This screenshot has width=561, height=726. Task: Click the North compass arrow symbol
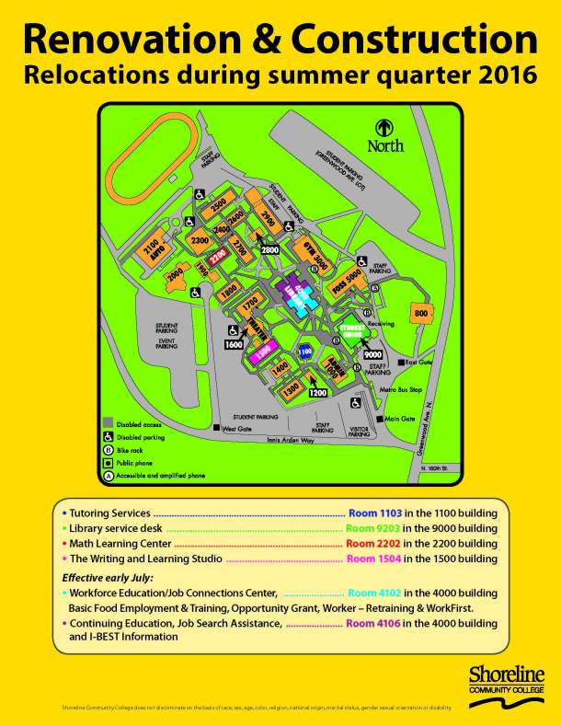point(384,128)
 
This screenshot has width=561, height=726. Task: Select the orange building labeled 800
point(420,314)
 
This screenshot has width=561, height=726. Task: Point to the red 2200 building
point(219,259)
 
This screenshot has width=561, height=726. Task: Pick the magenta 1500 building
point(262,351)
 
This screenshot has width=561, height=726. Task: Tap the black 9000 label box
point(372,354)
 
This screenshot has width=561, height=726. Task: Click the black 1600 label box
point(233,344)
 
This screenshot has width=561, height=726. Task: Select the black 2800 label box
point(269,249)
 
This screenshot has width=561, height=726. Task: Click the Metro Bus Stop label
point(402,390)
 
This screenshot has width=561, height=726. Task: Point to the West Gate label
point(237,428)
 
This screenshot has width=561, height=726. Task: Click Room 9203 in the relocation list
point(373,528)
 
